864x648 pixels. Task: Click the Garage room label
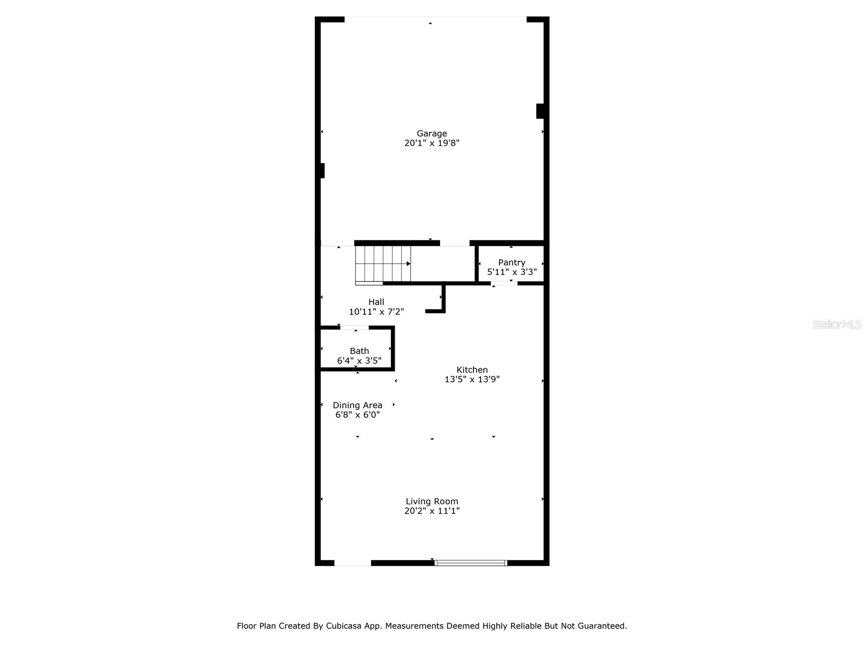[x=431, y=133]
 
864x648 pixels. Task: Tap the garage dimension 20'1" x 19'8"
[x=431, y=143]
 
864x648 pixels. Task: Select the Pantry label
[x=511, y=262]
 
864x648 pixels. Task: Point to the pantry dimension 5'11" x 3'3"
[x=511, y=272]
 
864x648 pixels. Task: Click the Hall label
[x=376, y=302]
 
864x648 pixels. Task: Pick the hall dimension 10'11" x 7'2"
[x=376, y=312]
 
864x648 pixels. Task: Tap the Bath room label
[x=359, y=351]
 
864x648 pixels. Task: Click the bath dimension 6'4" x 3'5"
[x=359, y=361]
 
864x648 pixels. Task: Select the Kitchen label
[x=472, y=370]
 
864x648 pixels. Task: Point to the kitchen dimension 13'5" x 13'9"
[x=472, y=380]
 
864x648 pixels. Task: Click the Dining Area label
[x=357, y=405]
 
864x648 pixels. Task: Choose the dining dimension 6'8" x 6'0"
[x=357, y=415]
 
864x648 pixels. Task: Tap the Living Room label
[x=431, y=501]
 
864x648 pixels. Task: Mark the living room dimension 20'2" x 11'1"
[x=431, y=511]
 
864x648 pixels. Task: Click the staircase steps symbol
[x=383, y=264]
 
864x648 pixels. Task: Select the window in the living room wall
[x=471, y=563]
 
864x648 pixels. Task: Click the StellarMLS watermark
[x=837, y=325]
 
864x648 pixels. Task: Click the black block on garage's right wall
[x=539, y=111]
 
